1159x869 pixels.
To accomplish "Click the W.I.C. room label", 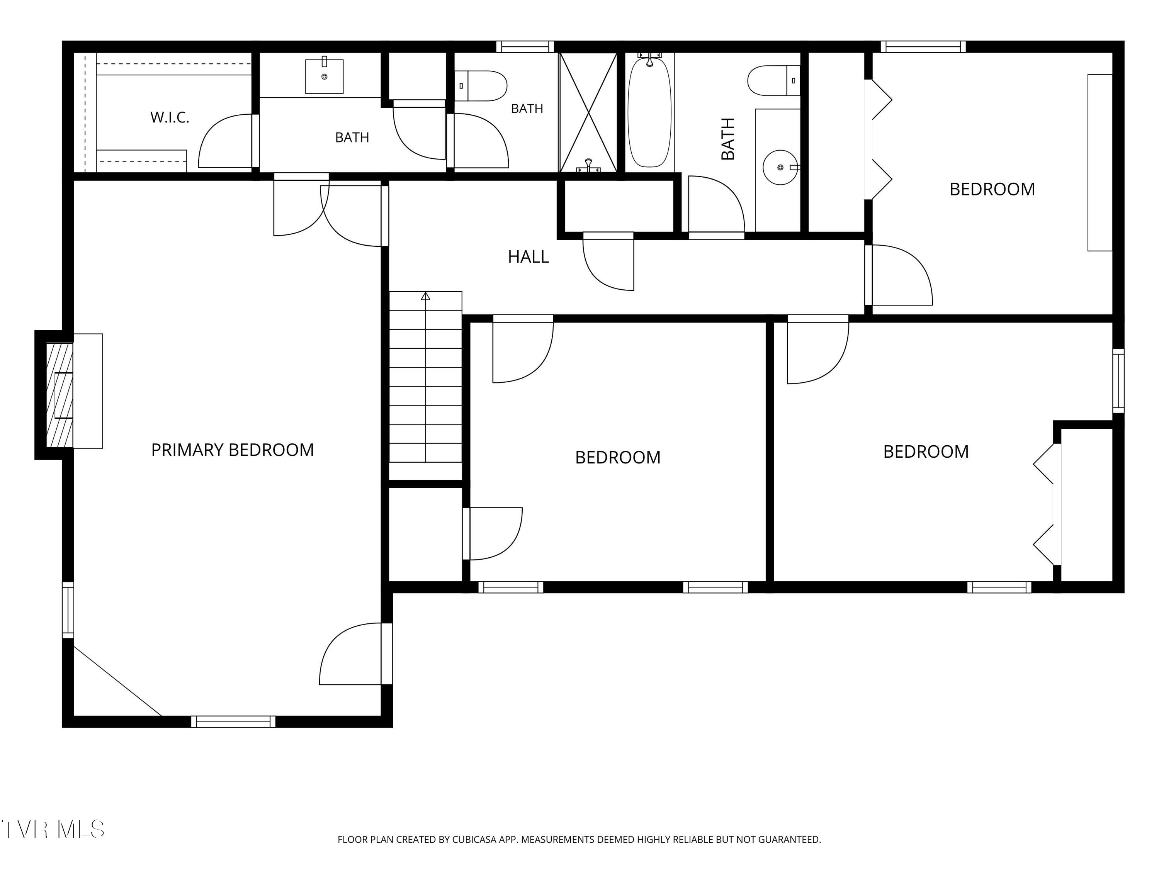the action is pos(170,117).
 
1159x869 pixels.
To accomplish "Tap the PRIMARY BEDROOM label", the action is pos(233,450).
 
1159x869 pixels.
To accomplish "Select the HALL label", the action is pos(528,257).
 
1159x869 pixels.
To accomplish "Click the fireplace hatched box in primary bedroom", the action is pos(60,395).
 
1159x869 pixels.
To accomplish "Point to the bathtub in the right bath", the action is pos(649,112).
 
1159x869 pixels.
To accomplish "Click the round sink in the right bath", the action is pos(780,168).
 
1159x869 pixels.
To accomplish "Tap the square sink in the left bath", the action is pos(325,76).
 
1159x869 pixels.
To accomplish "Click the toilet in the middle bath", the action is pos(481,86).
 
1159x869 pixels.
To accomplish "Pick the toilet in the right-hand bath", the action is pos(774,81).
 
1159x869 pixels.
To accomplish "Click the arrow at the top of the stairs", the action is pos(425,297).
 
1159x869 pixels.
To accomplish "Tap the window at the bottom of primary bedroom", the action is pos(233,722).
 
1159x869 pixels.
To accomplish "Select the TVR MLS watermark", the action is pos(53,829).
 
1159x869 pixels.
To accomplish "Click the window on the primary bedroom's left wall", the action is pos(68,610).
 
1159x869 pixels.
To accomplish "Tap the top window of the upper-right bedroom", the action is pos(923,47).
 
